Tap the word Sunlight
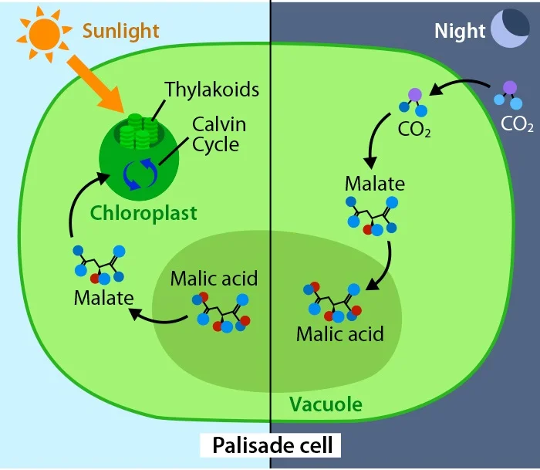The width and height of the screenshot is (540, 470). coord(120,32)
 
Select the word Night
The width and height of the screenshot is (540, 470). coord(460,32)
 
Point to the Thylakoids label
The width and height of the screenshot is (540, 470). coord(212,90)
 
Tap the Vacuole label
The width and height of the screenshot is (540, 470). coord(325,404)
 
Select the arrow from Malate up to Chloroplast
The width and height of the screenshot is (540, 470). coord(80,204)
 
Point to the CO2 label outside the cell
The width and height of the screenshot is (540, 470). coord(517,123)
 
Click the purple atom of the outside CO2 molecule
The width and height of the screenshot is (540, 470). coord(509,87)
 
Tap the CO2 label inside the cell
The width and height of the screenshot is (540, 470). coord(415,128)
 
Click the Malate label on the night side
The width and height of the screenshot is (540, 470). coord(374,184)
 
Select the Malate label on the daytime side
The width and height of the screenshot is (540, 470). coord(103,297)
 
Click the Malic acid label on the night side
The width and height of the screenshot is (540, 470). coord(339,335)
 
